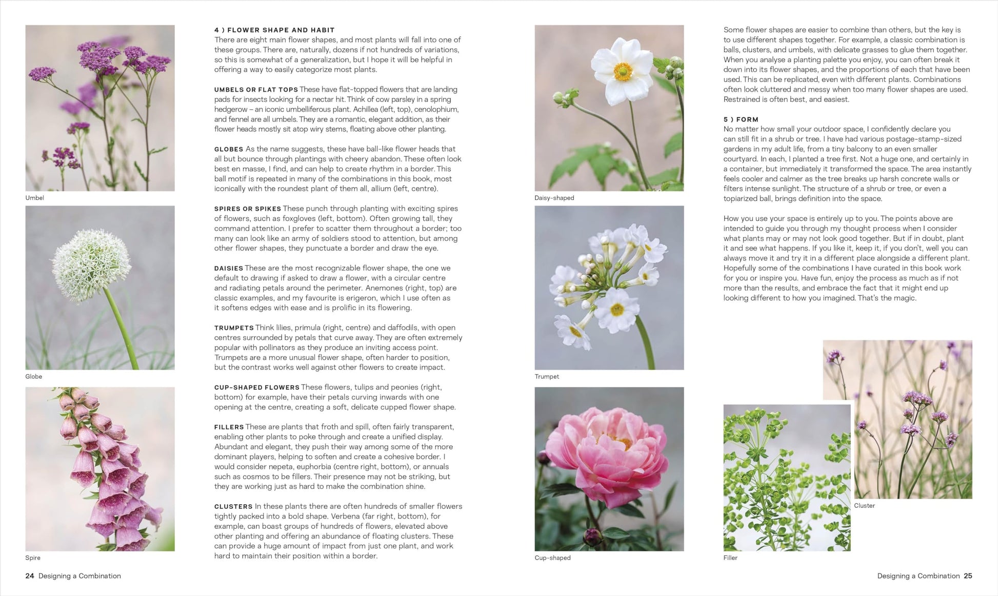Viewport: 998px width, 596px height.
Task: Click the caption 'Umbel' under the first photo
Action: (x=35, y=198)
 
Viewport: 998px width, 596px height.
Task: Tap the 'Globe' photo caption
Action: (x=34, y=377)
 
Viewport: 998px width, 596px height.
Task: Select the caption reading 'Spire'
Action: (x=33, y=558)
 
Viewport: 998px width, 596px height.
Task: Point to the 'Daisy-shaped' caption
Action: (x=554, y=198)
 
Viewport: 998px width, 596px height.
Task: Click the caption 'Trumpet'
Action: (x=547, y=377)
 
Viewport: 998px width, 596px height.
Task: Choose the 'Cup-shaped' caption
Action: (x=552, y=558)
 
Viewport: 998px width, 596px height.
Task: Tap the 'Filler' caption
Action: (x=730, y=558)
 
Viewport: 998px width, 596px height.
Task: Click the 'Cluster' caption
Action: (x=865, y=506)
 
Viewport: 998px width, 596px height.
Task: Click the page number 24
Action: (x=30, y=576)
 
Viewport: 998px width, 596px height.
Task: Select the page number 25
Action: (x=968, y=576)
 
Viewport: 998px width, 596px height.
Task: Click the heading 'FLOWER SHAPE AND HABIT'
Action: (x=281, y=30)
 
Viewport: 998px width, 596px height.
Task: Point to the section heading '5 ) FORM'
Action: (x=741, y=119)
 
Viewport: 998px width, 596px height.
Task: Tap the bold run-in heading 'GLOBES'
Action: (x=229, y=149)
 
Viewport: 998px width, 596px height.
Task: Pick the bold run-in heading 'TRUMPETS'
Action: (x=234, y=328)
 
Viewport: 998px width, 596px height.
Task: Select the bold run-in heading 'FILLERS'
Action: (x=229, y=427)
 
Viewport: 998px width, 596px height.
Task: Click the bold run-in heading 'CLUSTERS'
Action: (x=233, y=506)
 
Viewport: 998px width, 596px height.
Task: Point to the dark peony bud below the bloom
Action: (x=593, y=536)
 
